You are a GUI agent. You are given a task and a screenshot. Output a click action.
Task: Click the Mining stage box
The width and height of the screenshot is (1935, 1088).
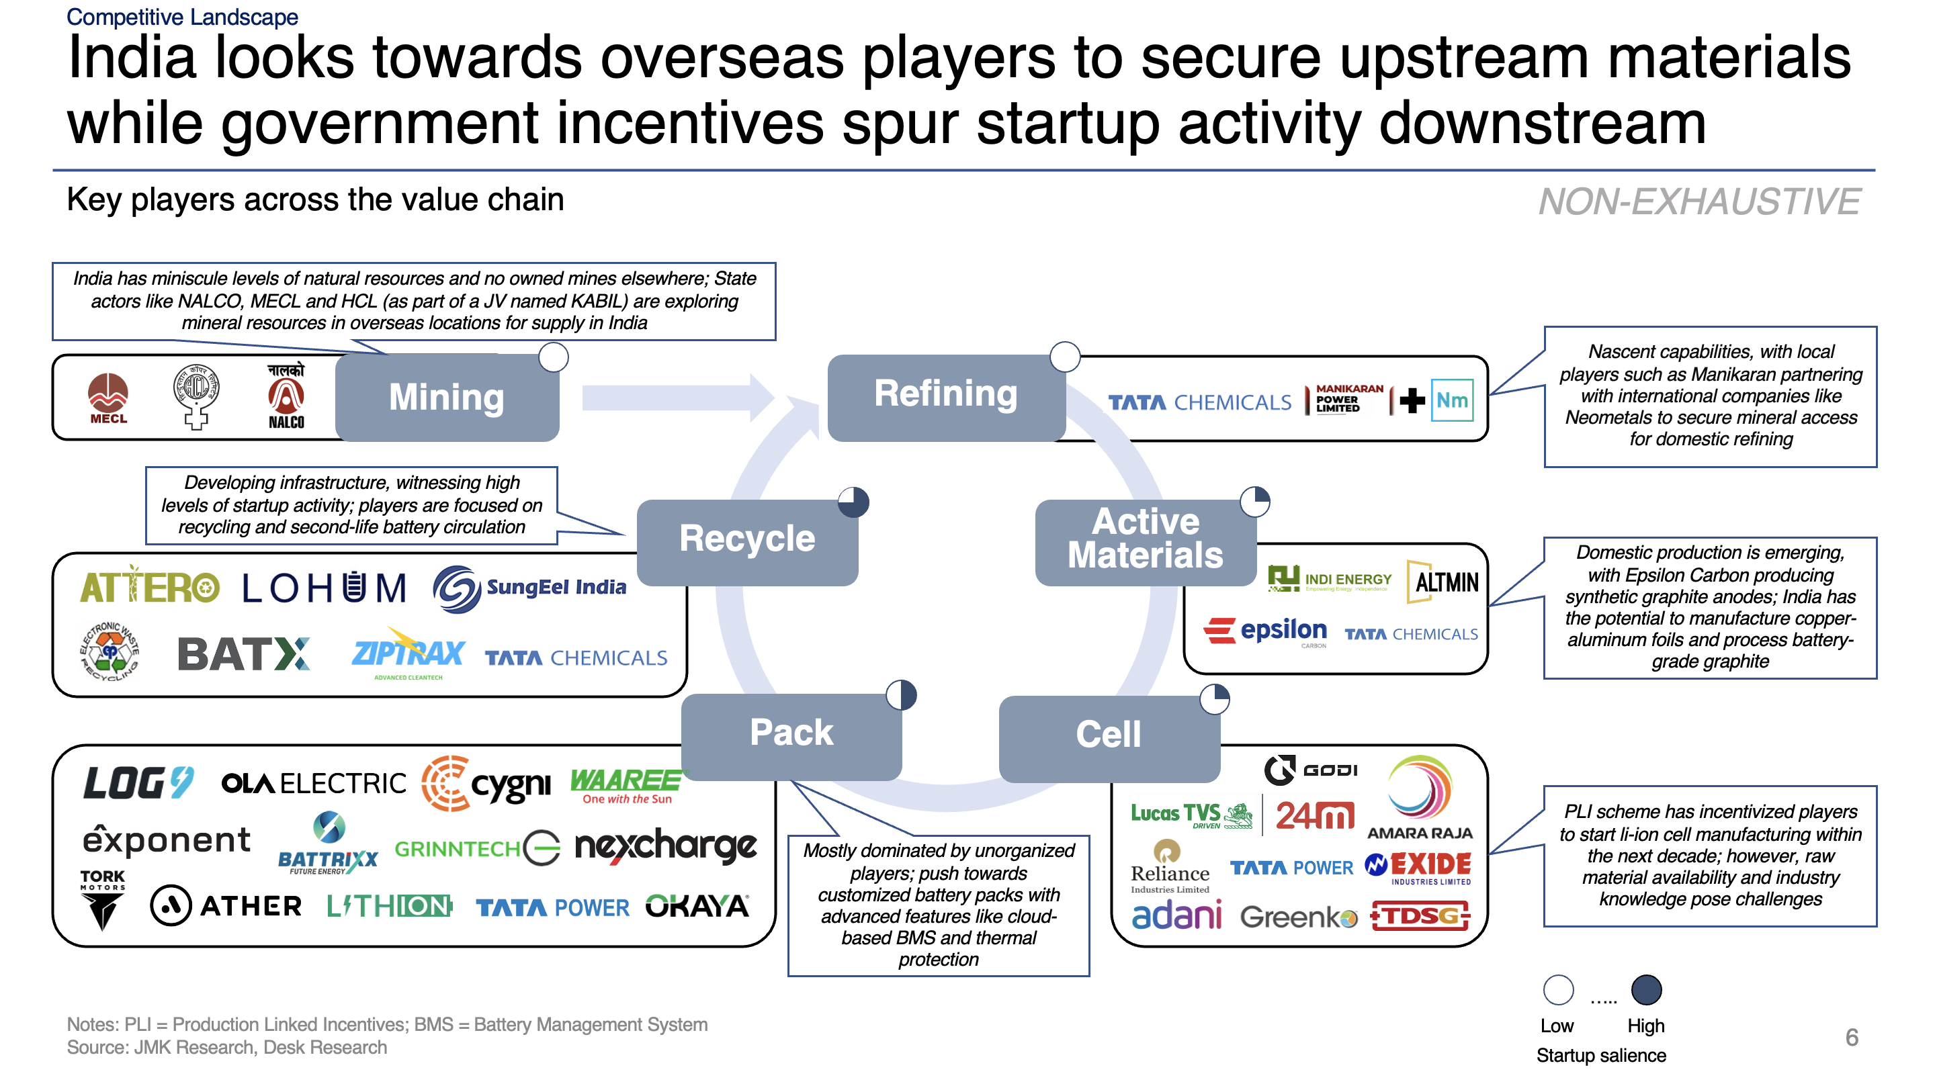point(446,397)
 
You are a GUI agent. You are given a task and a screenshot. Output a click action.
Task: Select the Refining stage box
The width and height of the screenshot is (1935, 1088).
point(946,396)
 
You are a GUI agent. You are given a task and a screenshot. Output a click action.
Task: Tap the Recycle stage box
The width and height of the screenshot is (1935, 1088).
point(746,540)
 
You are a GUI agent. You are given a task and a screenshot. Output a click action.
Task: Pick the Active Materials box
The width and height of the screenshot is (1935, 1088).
point(1145,540)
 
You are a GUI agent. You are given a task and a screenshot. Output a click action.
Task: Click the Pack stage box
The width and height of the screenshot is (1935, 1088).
point(791,733)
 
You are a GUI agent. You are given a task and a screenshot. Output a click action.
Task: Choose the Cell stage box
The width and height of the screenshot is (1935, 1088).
point(1108,736)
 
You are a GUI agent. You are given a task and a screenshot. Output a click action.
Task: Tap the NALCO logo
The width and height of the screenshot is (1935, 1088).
point(286,396)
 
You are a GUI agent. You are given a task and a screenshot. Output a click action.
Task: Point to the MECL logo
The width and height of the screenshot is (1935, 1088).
point(108,398)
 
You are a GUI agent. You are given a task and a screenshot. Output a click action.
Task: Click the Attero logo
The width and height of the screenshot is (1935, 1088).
point(149,586)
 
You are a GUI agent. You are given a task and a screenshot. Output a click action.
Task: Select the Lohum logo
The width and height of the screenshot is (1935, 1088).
point(324,588)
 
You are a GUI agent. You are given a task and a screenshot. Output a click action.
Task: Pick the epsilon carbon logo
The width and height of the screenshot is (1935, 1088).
point(1266,631)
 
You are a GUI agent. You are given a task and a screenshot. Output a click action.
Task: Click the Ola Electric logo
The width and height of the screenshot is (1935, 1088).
point(313,784)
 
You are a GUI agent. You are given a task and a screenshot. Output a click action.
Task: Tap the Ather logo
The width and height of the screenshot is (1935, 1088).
point(226,905)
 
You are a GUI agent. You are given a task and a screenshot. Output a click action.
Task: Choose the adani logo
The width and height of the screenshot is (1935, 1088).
point(1176,915)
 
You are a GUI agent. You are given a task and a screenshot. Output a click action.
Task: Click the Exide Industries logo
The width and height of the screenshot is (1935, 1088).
point(1418,867)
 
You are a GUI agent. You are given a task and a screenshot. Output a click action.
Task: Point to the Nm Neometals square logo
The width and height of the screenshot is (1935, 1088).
point(1451,400)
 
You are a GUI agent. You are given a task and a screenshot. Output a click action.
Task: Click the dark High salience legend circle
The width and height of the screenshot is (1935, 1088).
point(1646,990)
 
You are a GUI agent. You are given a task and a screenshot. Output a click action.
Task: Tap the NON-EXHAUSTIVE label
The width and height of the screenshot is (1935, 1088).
point(1698,202)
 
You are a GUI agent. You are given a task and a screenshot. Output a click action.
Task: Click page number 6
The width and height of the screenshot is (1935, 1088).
point(1851,1037)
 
